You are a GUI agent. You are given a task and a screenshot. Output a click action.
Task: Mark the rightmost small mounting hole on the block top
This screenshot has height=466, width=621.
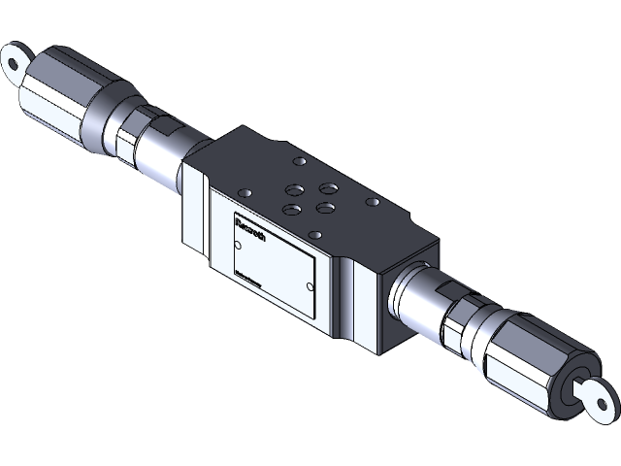371,202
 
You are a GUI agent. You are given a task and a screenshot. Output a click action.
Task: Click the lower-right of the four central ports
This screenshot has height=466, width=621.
326,206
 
